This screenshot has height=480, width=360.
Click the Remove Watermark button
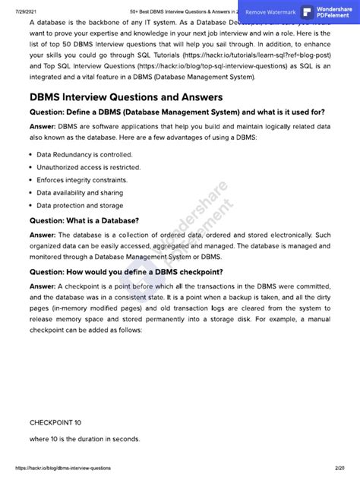(x=271, y=12)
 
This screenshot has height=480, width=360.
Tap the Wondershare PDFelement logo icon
(x=308, y=12)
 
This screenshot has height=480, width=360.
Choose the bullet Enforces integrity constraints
(x=82, y=180)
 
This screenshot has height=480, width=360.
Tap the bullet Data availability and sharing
(x=80, y=193)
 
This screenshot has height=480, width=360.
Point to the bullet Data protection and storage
(x=80, y=205)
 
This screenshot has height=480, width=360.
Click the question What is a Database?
(x=84, y=220)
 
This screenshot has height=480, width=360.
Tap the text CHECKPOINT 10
(x=55, y=422)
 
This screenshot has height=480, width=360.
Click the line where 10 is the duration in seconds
(x=84, y=439)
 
